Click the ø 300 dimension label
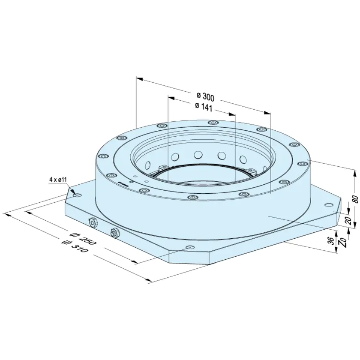205,97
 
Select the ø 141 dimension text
204,107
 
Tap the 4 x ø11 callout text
58,180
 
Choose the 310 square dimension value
75,246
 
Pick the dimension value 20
348,220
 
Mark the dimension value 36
330,240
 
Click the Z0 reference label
343,243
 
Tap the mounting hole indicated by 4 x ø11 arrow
78,195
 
